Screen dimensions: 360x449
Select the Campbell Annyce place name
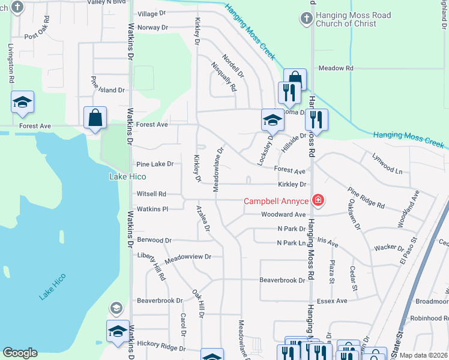coord(276,201)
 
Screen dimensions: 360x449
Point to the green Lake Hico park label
coord(128,176)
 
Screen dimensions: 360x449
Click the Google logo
coord(20,353)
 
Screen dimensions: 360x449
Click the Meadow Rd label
coord(336,68)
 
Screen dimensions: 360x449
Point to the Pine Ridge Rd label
coord(366,197)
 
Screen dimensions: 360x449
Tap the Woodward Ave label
coord(283,214)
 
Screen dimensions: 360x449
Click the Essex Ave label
coord(333,301)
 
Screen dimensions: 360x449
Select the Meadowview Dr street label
coord(188,256)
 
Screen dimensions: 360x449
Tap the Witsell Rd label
coord(151,194)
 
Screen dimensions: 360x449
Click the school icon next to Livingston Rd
coord(23,102)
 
